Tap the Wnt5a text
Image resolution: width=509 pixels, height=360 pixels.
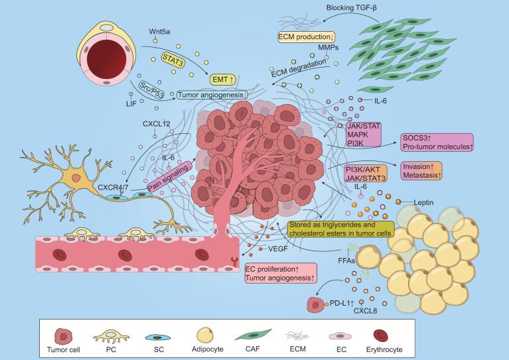coord(157,31)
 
